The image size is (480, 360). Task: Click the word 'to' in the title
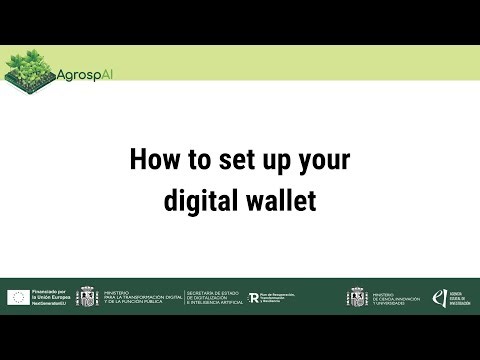point(199,160)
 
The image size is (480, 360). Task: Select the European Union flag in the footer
point(18,297)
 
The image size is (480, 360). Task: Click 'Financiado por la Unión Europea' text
point(49,294)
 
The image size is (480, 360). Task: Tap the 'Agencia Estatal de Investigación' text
point(458,297)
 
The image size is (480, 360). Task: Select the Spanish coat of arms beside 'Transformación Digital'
point(88,297)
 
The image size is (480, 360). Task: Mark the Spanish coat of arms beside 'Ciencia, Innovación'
point(357,297)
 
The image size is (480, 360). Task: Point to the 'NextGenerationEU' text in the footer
point(49,303)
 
